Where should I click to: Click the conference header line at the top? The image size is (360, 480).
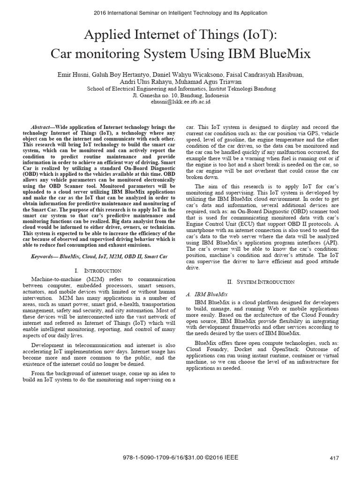(x=180, y=13)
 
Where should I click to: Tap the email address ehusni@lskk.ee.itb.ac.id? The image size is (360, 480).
(x=180, y=102)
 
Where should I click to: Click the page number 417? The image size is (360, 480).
(x=334, y=458)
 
